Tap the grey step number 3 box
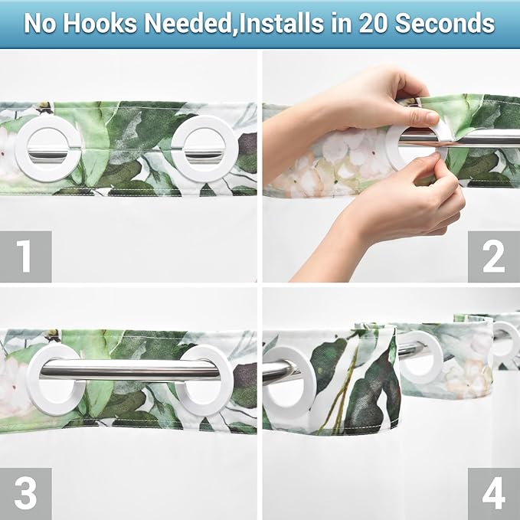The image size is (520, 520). click(x=25, y=493)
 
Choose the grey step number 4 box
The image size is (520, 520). click(x=494, y=493)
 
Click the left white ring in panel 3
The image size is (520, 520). click(x=55, y=381)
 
